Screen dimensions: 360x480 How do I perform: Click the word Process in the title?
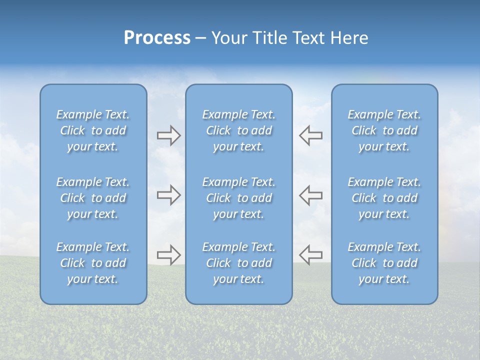click(x=157, y=38)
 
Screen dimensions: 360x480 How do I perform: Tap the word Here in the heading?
click(x=349, y=38)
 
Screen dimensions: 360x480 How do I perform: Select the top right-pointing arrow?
click(x=168, y=135)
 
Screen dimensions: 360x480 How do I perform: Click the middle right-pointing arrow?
click(x=168, y=195)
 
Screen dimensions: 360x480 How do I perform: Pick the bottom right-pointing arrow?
click(x=168, y=255)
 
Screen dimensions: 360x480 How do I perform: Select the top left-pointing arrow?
click(x=311, y=135)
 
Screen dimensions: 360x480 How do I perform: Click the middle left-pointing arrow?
click(x=311, y=195)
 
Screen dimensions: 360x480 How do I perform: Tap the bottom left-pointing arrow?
click(x=311, y=255)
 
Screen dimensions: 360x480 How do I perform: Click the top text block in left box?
click(x=93, y=130)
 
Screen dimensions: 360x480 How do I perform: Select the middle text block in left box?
click(x=93, y=198)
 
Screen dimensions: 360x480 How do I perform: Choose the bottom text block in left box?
click(x=93, y=263)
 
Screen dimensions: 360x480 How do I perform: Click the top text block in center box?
click(x=238, y=130)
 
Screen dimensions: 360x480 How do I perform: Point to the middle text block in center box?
click(x=238, y=198)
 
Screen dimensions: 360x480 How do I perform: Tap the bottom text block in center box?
click(x=238, y=263)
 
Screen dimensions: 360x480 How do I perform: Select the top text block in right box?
click(x=384, y=130)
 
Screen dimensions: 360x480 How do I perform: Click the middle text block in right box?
click(x=384, y=198)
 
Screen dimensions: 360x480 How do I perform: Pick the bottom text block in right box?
click(x=384, y=263)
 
